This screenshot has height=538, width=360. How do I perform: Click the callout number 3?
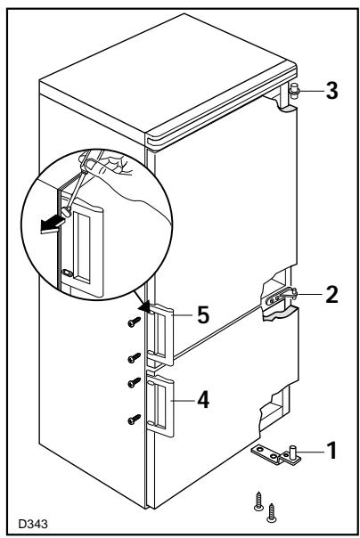click(x=331, y=91)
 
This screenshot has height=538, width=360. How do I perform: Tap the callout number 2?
click(x=331, y=295)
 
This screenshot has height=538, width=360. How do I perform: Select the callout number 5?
click(x=203, y=315)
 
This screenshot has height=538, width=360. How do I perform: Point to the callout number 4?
click(x=203, y=400)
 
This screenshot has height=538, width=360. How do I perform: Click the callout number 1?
click(x=331, y=450)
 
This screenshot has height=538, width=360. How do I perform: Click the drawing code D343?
click(x=33, y=524)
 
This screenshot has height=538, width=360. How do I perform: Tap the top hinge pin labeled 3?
click(x=294, y=91)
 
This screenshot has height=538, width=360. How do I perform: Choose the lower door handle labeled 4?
click(x=160, y=406)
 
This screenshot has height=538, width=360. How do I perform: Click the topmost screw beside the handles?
click(x=135, y=322)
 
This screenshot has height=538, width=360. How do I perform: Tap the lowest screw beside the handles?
click(x=135, y=419)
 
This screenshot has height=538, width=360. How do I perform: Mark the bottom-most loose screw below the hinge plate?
click(x=272, y=513)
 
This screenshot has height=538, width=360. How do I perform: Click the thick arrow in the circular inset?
click(x=53, y=225)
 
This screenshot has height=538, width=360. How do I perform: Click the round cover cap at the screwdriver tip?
click(x=66, y=212)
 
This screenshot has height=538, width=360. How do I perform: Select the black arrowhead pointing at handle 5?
click(x=145, y=306)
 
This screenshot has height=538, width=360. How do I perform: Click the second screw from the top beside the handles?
click(x=135, y=357)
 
